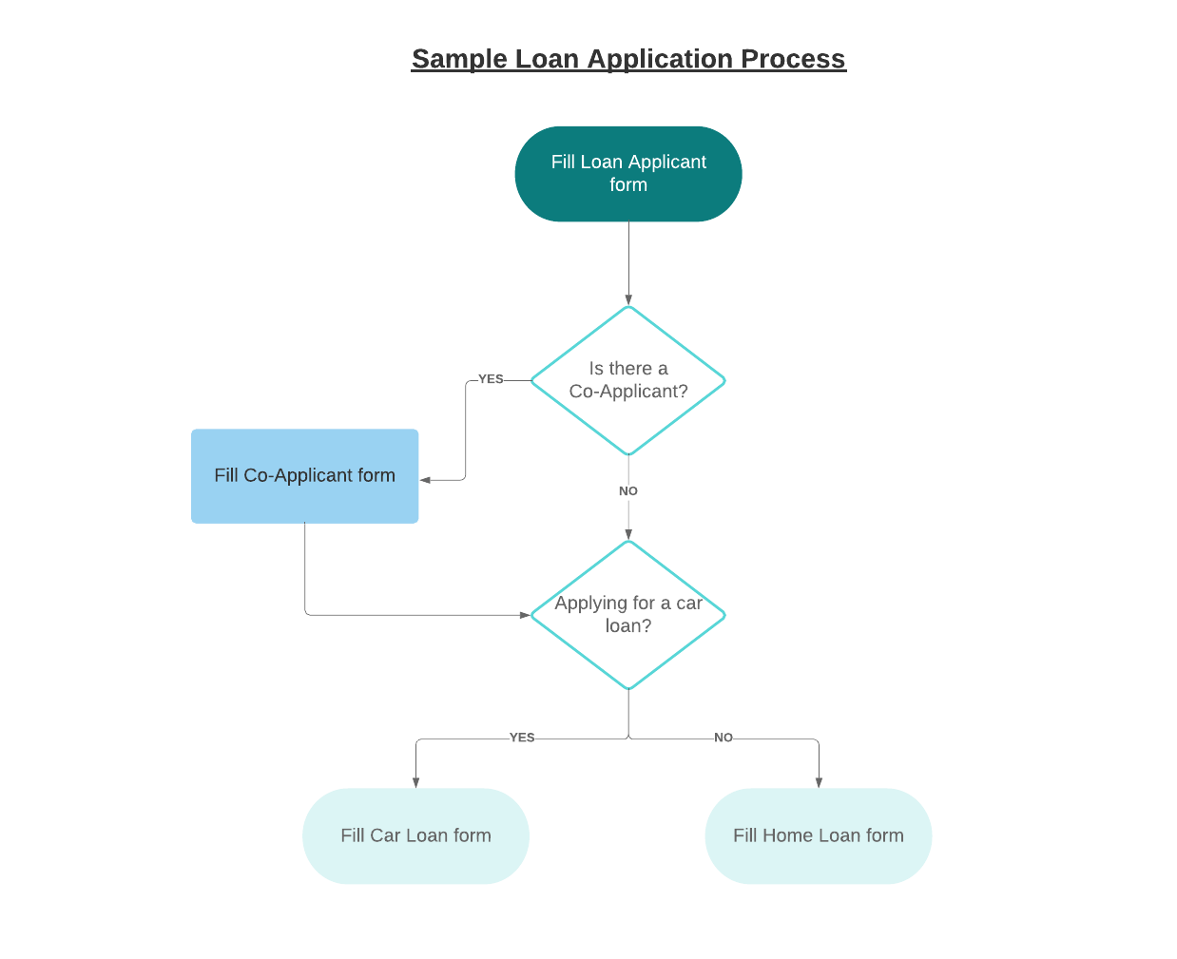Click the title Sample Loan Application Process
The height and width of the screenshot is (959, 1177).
(x=628, y=59)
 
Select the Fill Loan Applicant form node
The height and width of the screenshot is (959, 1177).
(x=628, y=174)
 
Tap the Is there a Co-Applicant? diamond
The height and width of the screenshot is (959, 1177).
(x=628, y=380)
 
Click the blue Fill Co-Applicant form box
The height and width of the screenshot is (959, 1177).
(x=304, y=475)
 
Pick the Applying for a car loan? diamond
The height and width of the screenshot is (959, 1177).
(x=628, y=615)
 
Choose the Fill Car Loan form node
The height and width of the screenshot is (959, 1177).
(x=415, y=835)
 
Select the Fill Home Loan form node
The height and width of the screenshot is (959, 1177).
(x=818, y=835)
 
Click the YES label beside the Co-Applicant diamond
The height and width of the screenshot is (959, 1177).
(x=491, y=379)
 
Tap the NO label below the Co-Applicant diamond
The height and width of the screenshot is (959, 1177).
(x=628, y=491)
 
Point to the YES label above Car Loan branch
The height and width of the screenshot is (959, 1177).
(x=522, y=738)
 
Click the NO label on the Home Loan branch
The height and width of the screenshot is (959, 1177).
(x=724, y=738)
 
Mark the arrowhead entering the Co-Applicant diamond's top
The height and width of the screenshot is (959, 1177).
(x=628, y=299)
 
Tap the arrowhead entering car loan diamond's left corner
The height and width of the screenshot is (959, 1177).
(x=525, y=615)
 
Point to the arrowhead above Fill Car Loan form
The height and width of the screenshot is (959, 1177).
(x=415, y=782)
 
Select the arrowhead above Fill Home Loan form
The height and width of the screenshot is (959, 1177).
(x=819, y=782)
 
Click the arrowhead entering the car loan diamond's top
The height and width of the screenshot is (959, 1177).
(x=628, y=534)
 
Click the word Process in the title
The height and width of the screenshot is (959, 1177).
(x=793, y=59)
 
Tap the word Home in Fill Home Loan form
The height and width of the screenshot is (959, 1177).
(x=787, y=835)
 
